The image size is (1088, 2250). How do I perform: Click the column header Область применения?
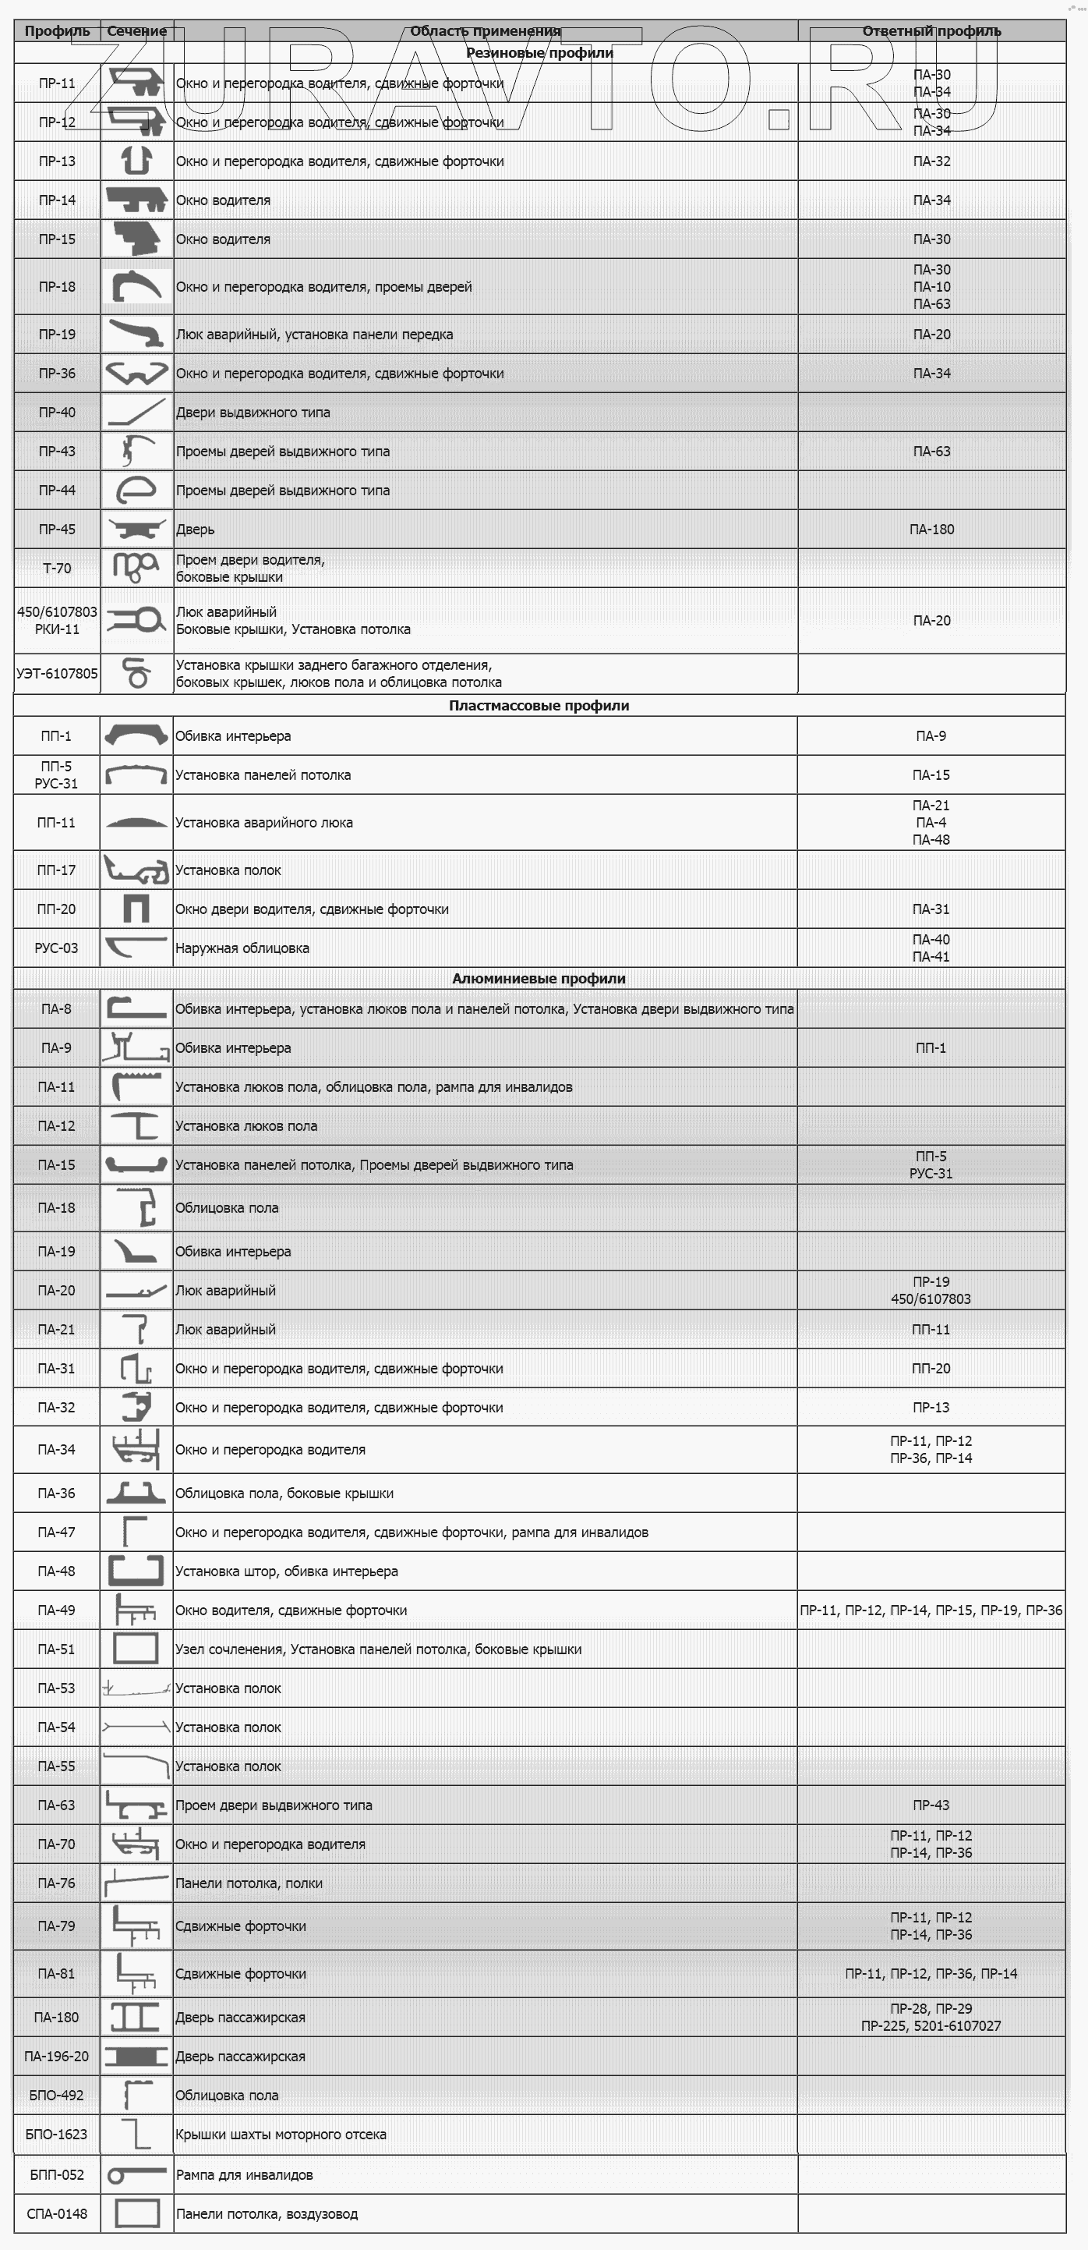coord(486,31)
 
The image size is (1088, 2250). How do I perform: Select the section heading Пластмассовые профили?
coord(539,706)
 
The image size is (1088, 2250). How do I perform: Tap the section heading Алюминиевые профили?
coord(539,979)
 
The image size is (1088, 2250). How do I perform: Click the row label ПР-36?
coord(57,374)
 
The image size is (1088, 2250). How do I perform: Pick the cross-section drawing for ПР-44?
coord(136,491)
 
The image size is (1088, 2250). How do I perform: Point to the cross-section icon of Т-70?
coord(136,568)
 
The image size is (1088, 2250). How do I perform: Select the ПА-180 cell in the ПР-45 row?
coord(931,530)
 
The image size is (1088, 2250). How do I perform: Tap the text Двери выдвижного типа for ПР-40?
coord(253,413)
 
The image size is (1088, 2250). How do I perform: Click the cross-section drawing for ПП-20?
coord(136,909)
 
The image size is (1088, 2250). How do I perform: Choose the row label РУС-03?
coord(57,948)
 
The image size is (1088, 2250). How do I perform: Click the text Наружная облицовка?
coord(242,948)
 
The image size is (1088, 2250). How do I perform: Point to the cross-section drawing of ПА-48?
coord(136,1571)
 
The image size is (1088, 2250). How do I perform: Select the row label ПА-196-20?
coord(57,2057)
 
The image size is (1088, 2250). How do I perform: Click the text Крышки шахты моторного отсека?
coord(281,2135)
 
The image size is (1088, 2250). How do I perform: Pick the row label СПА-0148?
coord(57,2214)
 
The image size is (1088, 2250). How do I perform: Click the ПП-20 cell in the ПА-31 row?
coord(931,1369)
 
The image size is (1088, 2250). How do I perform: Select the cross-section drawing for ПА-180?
coord(136,2018)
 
